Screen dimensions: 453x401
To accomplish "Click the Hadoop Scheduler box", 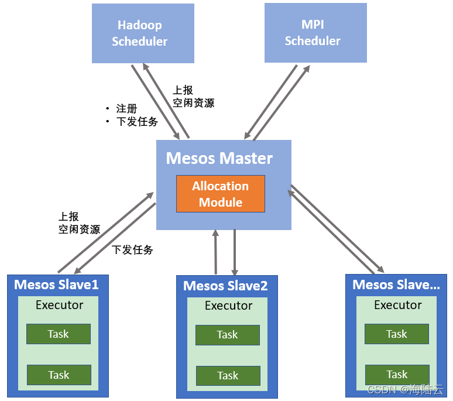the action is point(143,33).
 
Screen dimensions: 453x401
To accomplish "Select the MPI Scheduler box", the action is point(315,33).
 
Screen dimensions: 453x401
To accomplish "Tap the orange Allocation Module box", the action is point(221,194).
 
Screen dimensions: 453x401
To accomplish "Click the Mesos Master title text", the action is point(219,158).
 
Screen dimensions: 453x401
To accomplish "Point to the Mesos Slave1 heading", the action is point(56,285).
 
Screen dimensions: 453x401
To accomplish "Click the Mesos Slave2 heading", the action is point(225,286).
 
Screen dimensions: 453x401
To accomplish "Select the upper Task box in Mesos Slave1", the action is point(59,334).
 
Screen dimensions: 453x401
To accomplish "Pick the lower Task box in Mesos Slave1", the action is point(59,375).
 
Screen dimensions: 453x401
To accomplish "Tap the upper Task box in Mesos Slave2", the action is point(228,335).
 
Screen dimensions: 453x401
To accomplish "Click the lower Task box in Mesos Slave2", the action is point(228,376).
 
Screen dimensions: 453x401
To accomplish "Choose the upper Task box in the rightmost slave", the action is point(397,334).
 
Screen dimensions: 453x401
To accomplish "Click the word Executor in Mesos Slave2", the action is point(228,306).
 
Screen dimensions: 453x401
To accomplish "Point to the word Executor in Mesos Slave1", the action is point(60,305).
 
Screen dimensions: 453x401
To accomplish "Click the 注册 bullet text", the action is point(126,109).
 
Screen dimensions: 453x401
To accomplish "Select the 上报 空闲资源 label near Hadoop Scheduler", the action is point(193,97).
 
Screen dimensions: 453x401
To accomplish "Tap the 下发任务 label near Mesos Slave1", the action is point(132,250).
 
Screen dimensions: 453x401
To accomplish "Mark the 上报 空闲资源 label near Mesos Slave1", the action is point(79,223).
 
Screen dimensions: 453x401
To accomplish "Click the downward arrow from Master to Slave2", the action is point(235,252).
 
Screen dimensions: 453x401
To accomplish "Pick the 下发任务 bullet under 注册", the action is point(137,122).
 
